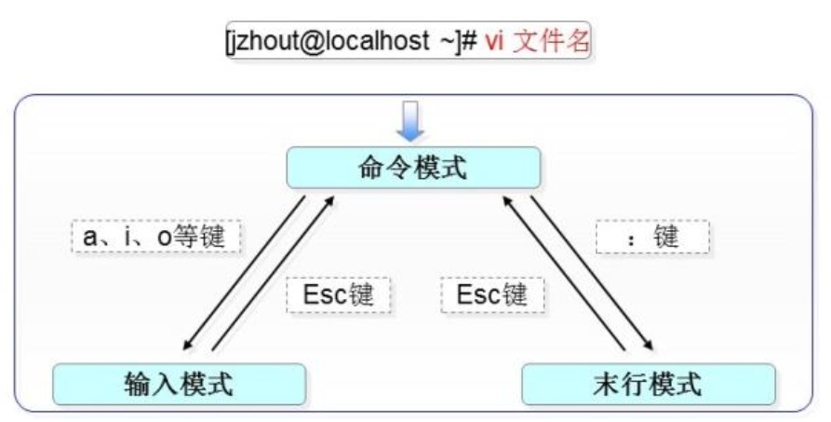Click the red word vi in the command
pos(495,42)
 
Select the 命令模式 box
pos(412,169)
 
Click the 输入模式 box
pos(179,383)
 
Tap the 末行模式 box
pos(648,383)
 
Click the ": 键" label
pos(652,237)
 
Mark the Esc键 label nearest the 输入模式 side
pos(338,295)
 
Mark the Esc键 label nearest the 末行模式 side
pos(492,295)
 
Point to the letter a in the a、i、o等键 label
pos(89,237)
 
